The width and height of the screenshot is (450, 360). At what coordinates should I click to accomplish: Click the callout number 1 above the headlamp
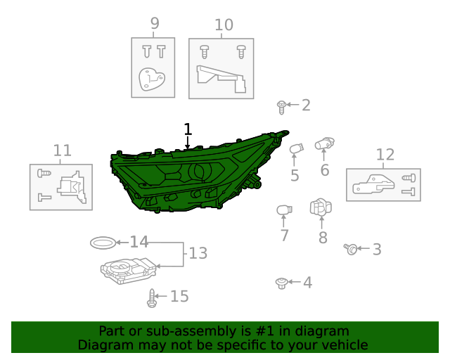[x=188, y=129]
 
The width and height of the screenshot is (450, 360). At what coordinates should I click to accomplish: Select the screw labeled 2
[x=281, y=108]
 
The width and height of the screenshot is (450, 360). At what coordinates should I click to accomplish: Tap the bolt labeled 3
[x=351, y=249]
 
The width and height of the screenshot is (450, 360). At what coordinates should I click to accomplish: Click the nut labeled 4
[x=282, y=283]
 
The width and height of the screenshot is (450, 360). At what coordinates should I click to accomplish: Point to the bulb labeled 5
[x=297, y=149]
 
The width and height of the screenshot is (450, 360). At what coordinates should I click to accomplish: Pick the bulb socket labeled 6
[x=325, y=143]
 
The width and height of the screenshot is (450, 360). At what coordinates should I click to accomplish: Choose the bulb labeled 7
[x=284, y=210]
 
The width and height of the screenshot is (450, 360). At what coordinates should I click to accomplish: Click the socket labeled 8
[x=321, y=207]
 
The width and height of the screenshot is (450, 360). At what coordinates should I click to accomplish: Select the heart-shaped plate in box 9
[x=152, y=79]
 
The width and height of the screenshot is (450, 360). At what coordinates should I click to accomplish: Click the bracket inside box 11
[x=72, y=187]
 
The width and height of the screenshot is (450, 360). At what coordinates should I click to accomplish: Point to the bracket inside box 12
[x=373, y=184]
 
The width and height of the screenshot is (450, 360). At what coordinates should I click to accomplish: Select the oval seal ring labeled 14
[x=103, y=243]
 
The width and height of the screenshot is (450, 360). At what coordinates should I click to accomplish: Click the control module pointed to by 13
[x=128, y=271]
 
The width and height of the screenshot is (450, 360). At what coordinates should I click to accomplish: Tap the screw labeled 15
[x=152, y=298]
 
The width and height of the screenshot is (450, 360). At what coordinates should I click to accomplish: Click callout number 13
[x=198, y=253]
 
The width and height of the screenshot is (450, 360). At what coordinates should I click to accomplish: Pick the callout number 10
[x=224, y=25]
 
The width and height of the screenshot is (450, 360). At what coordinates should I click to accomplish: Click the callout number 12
[x=385, y=155]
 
